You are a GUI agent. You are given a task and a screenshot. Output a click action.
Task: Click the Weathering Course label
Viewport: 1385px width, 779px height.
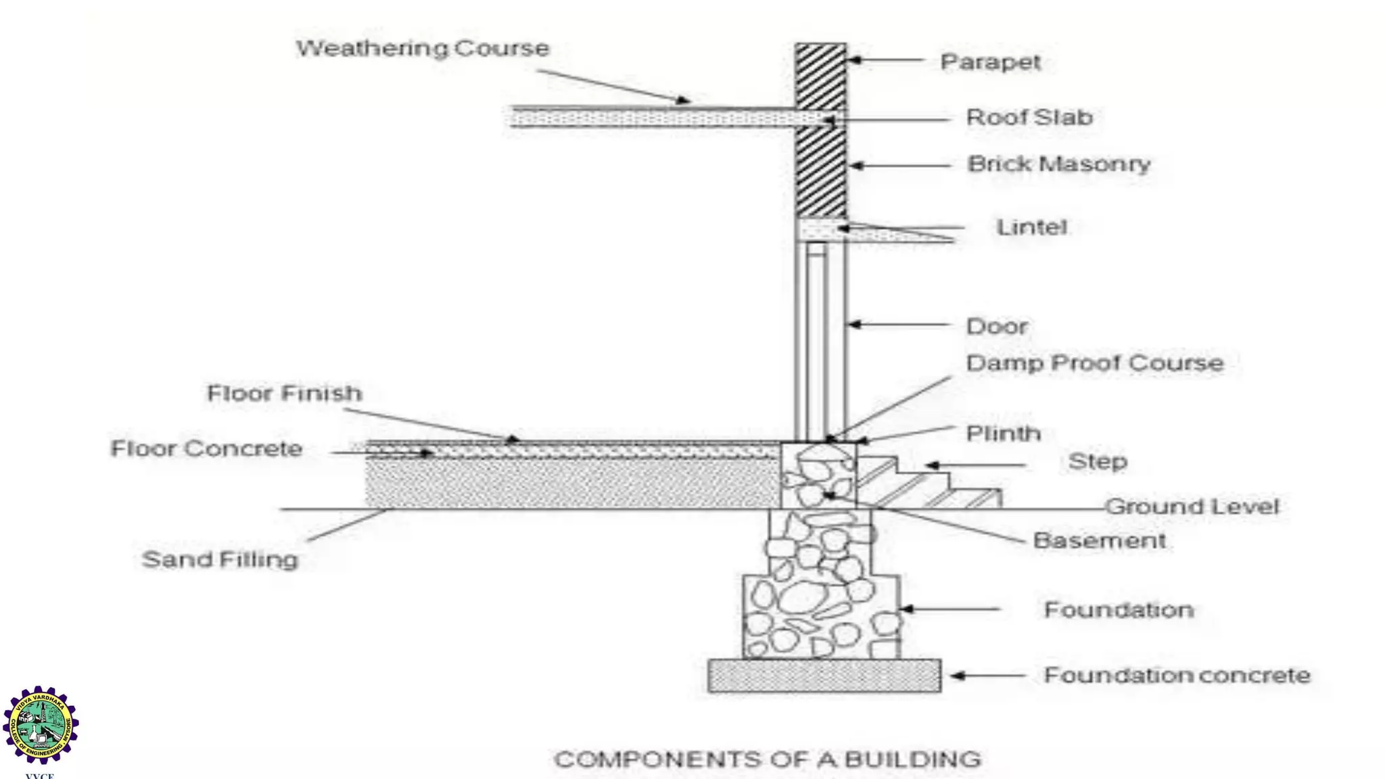[423, 49]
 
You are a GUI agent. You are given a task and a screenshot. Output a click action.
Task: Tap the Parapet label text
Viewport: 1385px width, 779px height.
[990, 62]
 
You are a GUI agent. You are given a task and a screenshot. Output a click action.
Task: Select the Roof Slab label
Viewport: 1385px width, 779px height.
[1029, 118]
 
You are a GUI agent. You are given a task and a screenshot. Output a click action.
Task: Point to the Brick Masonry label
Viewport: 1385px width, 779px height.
[1058, 164]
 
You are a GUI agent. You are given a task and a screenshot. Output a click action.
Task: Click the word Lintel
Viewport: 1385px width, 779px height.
[1031, 227]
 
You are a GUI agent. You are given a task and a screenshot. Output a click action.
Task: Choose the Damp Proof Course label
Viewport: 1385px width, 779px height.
[1094, 363]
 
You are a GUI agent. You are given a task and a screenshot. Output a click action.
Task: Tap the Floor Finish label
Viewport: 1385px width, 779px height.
[284, 394]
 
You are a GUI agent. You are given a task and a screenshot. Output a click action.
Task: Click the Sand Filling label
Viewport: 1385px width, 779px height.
[220, 560]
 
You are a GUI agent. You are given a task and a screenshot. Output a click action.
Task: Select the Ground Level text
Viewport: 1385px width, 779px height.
[1192, 506]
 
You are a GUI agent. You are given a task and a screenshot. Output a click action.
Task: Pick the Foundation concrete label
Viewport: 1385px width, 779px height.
[1177, 676]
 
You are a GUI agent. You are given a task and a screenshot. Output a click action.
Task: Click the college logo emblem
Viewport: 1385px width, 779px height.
[41, 725]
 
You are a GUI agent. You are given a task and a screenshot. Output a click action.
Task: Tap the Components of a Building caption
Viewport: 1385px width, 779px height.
[768, 759]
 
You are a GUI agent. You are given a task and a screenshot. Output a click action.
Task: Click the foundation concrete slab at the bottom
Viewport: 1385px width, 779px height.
[824, 676]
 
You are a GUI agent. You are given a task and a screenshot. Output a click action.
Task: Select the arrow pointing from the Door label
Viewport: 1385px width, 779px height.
[899, 325]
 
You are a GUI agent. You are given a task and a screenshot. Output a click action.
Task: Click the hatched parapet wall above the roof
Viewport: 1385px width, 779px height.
[820, 74]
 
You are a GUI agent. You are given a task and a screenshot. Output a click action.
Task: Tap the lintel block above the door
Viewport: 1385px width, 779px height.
[820, 230]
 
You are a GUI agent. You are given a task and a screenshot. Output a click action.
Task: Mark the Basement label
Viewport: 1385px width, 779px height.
[1099, 541]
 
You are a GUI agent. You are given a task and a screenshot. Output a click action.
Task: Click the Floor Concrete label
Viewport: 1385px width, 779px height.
[206, 449]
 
